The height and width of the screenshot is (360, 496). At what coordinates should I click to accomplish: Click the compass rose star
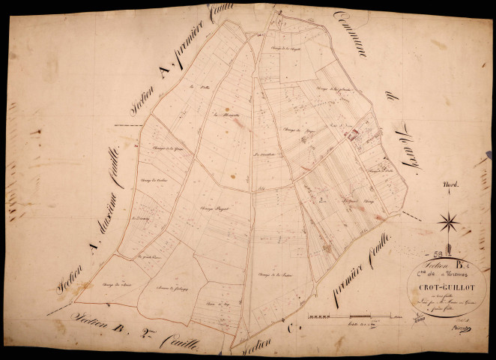pyautogui.click(x=450, y=222)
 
